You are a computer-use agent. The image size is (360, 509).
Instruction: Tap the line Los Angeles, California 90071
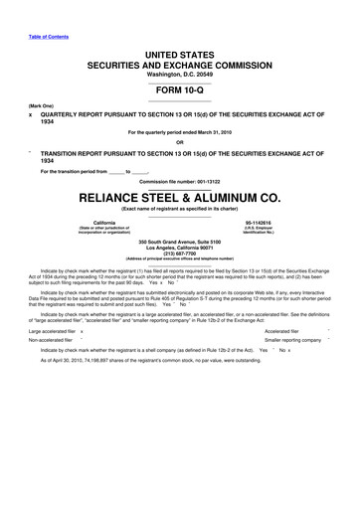point(179,249)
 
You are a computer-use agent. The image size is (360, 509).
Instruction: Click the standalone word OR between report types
point(179,140)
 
